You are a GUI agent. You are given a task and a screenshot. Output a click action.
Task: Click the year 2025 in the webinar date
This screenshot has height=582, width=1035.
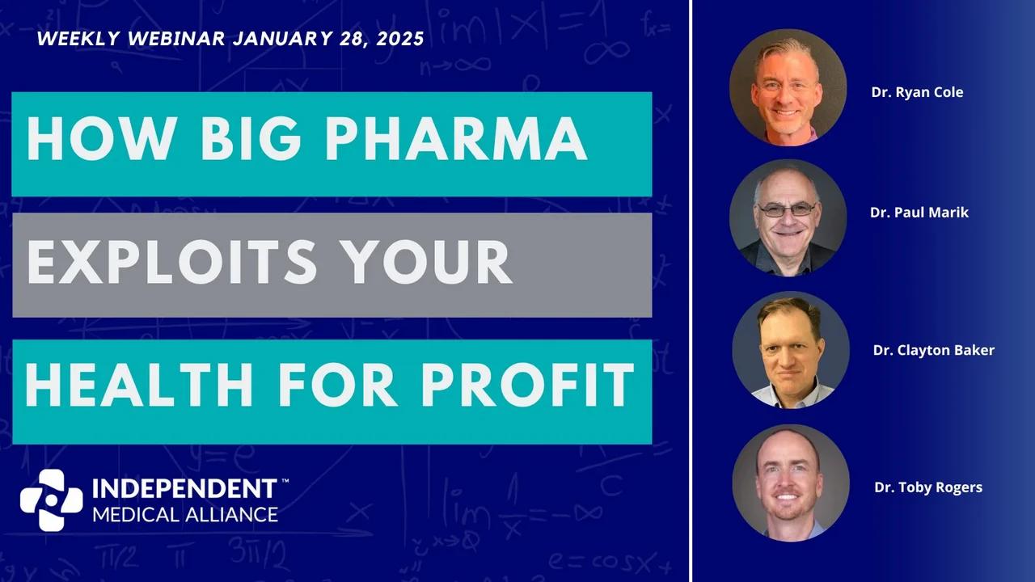(x=397, y=40)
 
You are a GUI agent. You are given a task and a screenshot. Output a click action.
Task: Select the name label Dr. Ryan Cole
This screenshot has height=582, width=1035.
(x=917, y=92)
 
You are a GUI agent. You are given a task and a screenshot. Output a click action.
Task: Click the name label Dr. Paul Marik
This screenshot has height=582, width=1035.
(x=919, y=213)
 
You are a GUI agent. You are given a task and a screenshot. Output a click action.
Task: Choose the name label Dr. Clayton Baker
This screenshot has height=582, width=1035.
(x=933, y=350)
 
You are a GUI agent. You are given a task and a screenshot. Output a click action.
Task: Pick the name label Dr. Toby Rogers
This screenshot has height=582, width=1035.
(x=928, y=487)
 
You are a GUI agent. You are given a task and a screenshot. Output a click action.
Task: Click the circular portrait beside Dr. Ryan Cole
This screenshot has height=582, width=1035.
(x=788, y=87)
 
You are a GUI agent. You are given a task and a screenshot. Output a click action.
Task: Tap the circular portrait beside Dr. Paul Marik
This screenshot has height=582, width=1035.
(x=788, y=217)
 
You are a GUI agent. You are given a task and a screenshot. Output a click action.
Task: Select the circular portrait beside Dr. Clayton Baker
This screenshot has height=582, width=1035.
(x=791, y=350)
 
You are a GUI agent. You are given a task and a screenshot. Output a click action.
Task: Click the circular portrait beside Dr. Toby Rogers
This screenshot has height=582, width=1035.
(x=791, y=483)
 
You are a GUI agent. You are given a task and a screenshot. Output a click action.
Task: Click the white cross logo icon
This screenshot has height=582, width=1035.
(x=51, y=500)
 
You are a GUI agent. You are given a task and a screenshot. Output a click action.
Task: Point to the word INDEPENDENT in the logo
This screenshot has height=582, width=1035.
(x=184, y=489)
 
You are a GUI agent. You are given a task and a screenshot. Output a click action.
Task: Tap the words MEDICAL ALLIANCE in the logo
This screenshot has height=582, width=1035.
(x=185, y=514)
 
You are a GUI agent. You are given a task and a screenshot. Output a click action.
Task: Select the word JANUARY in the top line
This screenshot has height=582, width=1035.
(x=272, y=40)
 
